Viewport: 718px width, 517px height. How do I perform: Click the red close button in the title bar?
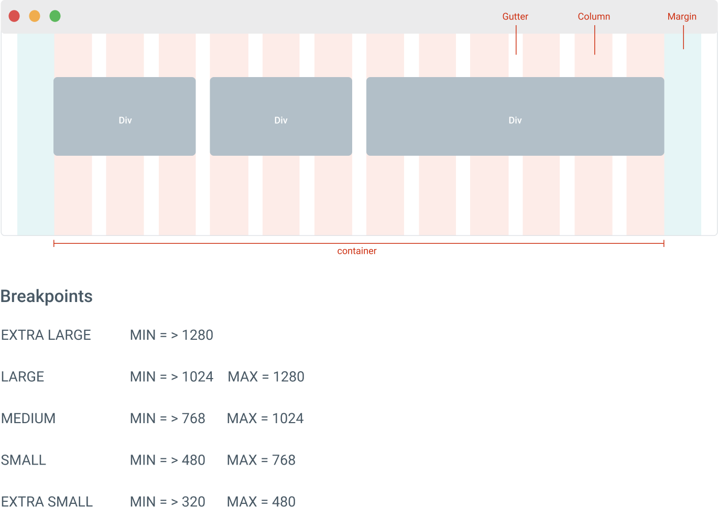[x=14, y=16]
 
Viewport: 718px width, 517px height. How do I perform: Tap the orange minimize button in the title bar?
[x=35, y=16]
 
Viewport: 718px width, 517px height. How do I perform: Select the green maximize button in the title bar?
[x=55, y=16]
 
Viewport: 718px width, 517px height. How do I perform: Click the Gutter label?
[x=515, y=17]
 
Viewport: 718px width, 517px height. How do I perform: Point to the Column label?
[x=594, y=17]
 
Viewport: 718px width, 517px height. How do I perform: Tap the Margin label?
[x=682, y=17]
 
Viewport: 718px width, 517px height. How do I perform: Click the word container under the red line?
[x=357, y=251]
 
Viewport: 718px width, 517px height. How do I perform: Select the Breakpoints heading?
[x=47, y=296]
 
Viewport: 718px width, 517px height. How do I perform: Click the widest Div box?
[x=515, y=116]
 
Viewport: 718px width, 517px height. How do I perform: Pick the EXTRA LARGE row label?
[x=46, y=335]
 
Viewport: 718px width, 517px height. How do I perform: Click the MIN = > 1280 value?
[x=171, y=335]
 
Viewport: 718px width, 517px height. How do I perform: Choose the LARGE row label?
[x=23, y=377]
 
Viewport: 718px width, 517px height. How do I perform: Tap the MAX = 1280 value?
[x=266, y=377]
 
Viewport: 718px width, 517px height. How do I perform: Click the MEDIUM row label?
[x=28, y=418]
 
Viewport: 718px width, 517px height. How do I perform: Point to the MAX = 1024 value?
[x=265, y=418]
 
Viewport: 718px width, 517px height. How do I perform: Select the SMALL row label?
[x=24, y=460]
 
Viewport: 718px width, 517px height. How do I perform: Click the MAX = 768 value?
[x=261, y=460]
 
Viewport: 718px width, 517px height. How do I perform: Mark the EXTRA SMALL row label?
[x=47, y=502]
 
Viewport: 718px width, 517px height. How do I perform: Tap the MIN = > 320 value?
[x=168, y=502]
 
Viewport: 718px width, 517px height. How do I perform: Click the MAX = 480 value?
[x=261, y=502]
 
